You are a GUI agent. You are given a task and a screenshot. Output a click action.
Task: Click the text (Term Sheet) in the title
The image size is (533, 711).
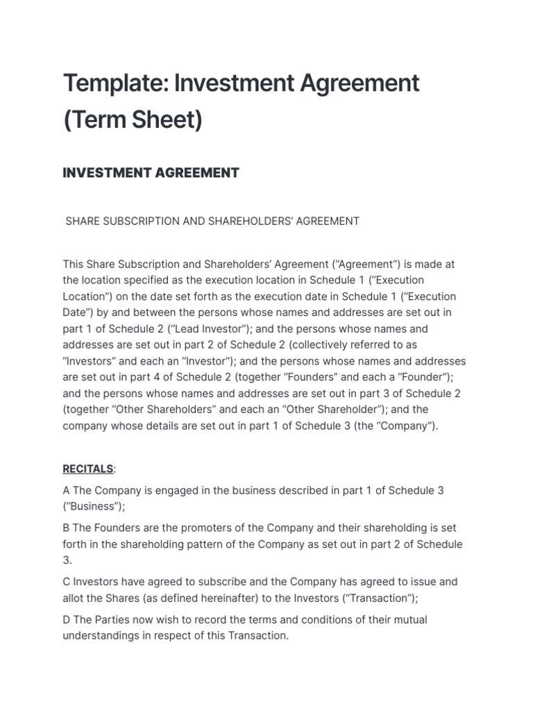click(133, 120)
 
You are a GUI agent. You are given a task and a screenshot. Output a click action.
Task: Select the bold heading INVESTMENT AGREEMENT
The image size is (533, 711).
click(151, 173)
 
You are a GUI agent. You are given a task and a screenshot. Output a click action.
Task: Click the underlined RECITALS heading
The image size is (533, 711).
click(87, 469)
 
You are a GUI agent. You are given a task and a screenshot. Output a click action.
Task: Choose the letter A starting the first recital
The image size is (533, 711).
click(67, 490)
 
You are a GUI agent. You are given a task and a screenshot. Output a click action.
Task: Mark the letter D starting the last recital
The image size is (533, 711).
click(67, 619)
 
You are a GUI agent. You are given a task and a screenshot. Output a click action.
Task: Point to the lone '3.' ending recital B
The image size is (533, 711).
click(67, 560)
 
